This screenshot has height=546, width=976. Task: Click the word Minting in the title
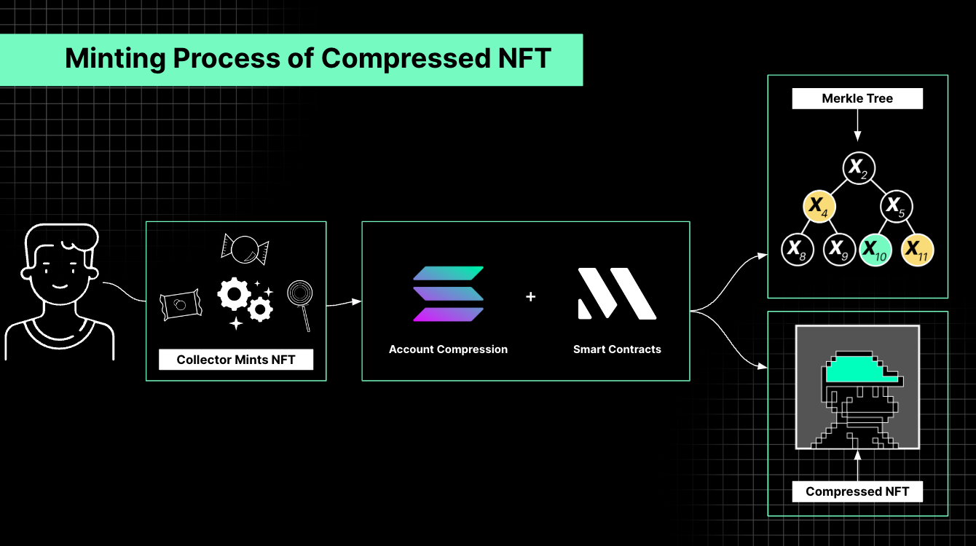click(115, 59)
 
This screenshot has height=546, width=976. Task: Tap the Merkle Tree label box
click(857, 98)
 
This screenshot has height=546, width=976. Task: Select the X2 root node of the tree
click(858, 168)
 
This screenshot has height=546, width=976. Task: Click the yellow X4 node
click(819, 206)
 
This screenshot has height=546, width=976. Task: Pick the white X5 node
click(897, 206)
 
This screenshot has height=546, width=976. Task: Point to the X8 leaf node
click(798, 250)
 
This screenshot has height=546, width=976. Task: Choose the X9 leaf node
click(839, 250)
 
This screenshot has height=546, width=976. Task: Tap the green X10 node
click(875, 250)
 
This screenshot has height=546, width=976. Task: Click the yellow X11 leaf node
click(917, 250)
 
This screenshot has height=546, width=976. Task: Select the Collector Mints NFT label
click(236, 360)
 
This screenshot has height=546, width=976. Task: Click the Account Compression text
click(448, 349)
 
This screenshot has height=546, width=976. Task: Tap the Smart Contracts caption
click(617, 349)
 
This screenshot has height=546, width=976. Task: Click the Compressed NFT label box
click(857, 491)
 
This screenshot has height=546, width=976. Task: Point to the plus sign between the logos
click(530, 297)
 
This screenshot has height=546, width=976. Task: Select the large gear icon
click(234, 294)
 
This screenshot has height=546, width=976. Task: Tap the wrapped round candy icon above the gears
click(245, 250)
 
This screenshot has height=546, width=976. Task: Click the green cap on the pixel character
click(860, 370)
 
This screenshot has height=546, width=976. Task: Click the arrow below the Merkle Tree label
click(857, 125)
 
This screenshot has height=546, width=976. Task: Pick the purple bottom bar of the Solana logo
click(448, 314)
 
